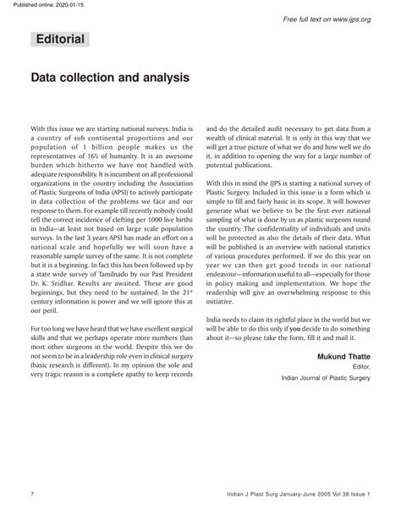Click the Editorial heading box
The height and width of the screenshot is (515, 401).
tap(60, 40)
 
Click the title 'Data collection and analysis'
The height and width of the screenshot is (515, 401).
tap(110, 77)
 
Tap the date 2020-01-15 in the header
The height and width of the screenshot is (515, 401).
tap(77, 5)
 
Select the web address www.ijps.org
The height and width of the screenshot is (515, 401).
tap(346, 19)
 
